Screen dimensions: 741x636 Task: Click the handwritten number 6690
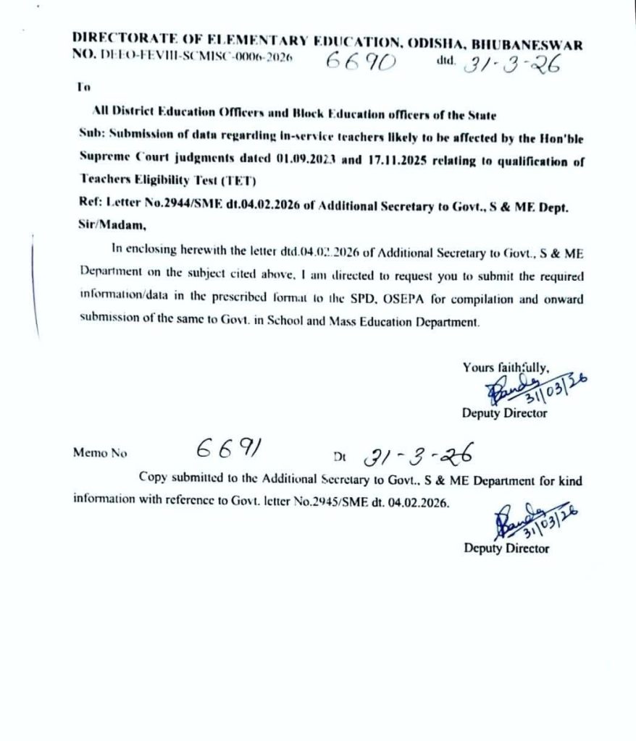[x=360, y=63]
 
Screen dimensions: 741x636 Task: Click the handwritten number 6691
[x=227, y=451]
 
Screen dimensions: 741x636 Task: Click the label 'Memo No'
[x=100, y=454]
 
